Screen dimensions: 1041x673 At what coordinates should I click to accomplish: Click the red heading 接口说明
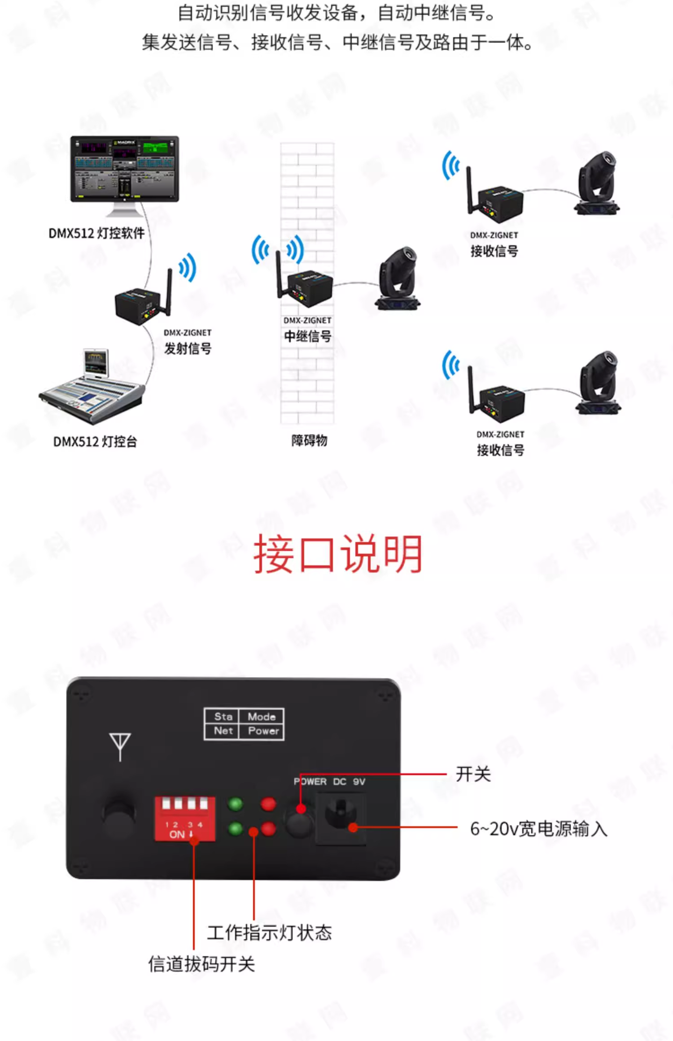(x=338, y=554)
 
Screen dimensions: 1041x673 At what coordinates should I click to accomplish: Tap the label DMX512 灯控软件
(x=96, y=233)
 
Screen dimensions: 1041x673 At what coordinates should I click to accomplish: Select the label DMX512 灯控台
(x=95, y=442)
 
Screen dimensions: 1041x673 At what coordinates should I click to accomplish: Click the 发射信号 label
(x=188, y=348)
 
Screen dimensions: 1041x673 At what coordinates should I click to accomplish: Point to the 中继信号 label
(x=308, y=336)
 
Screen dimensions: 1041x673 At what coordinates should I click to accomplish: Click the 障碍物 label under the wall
(x=309, y=441)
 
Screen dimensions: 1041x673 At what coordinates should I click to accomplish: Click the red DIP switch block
(x=185, y=818)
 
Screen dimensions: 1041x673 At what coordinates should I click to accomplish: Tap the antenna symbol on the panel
(x=120, y=746)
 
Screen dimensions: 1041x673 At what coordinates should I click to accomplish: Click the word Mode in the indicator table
(x=262, y=716)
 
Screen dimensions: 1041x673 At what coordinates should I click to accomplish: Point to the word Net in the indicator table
(x=223, y=731)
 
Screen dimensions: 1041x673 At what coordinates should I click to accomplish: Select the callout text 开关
(x=473, y=774)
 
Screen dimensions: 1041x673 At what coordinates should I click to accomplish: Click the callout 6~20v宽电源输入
(x=538, y=828)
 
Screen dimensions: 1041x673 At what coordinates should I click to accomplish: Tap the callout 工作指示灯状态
(x=269, y=933)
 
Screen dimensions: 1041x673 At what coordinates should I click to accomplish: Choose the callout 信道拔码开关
(x=201, y=964)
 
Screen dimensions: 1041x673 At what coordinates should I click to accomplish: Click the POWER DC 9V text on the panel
(x=329, y=782)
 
